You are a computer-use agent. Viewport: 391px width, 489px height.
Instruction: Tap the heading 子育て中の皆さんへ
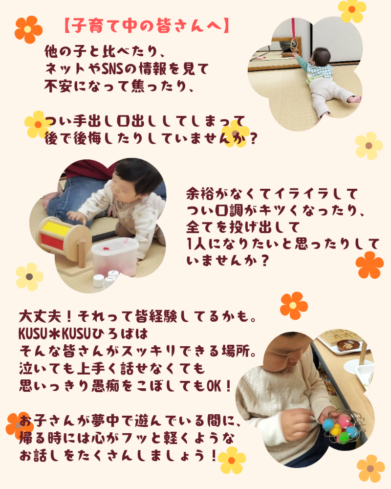[147, 25]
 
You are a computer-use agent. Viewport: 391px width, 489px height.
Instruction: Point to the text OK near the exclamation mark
[214, 386]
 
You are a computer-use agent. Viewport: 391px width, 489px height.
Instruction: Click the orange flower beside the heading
[28, 30]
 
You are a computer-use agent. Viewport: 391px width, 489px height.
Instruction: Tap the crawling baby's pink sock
[354, 99]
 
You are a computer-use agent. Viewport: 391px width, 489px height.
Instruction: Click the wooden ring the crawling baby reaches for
[294, 45]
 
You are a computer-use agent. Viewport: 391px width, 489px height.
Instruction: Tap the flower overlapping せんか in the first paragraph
[236, 133]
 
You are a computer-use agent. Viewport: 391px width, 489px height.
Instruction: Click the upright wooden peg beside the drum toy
[82, 253]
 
